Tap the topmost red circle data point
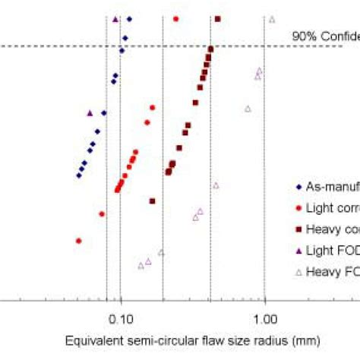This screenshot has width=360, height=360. pyautogui.click(x=176, y=18)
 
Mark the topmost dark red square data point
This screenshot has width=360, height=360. pyautogui.click(x=218, y=18)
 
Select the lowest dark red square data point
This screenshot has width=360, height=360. pyautogui.click(x=153, y=201)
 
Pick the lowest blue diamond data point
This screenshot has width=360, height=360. pyautogui.click(x=79, y=175)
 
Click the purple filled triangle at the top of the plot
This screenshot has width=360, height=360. pyautogui.click(x=115, y=19)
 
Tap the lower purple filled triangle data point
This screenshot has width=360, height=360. pyautogui.click(x=90, y=113)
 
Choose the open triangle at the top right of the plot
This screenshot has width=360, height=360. pyautogui.click(x=272, y=19)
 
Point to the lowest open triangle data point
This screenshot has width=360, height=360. pyautogui.click(x=141, y=265)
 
